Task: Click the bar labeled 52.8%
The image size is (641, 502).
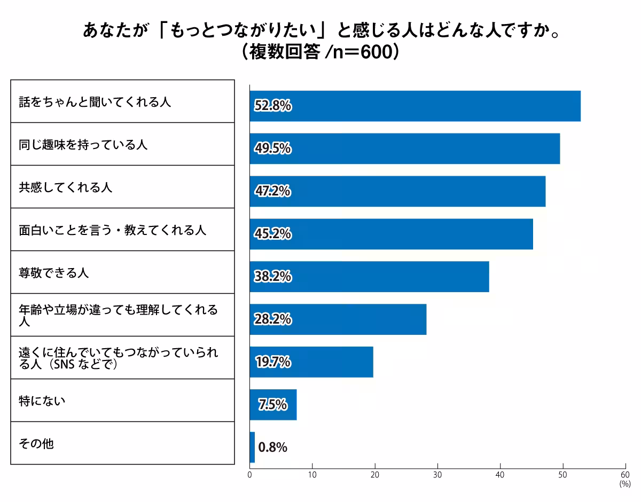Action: coord(415,106)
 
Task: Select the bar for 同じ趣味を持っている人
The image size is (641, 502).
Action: coord(404,148)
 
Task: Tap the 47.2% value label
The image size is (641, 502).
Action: coord(272,191)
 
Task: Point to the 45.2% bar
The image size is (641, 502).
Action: coord(391,234)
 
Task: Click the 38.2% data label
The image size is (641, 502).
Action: coord(272,277)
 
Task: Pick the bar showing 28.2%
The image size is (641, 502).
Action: coord(338,319)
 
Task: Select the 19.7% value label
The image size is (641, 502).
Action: coord(272,362)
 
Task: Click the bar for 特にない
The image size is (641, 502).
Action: coord(273,405)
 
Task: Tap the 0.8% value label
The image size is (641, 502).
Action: coord(272,448)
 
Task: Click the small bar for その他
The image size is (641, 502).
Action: coord(252,448)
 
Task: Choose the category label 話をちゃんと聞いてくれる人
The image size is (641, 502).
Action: coord(95,102)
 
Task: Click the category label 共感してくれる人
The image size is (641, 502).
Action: coord(65,187)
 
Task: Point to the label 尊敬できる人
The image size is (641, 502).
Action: coord(53,273)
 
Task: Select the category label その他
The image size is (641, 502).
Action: coord(36,444)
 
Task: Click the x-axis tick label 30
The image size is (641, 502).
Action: coord(437,475)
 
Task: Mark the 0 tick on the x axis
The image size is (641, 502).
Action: coord(250,475)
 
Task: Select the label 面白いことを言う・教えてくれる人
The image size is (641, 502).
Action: coord(112,230)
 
